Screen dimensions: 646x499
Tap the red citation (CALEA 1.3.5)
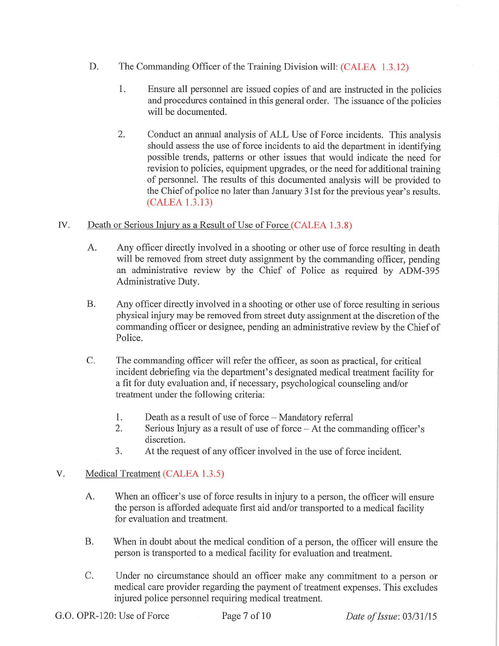coord(193,474)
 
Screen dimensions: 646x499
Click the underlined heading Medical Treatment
coord(123,474)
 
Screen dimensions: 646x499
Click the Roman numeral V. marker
coord(60,474)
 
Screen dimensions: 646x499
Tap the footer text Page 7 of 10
coord(246,615)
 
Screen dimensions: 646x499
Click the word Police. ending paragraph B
coord(129,339)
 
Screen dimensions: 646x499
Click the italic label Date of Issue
coord(369,616)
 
